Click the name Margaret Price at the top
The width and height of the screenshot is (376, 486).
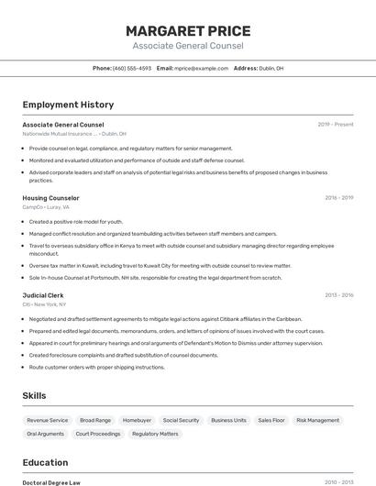pos(187,31)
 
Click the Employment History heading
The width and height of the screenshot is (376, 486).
pos(68,105)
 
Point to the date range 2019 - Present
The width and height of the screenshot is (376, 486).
pos(335,125)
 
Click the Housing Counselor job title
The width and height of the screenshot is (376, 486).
pos(50,198)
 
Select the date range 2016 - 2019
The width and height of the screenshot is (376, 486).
pos(338,198)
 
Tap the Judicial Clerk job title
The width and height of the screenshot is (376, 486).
pos(43,295)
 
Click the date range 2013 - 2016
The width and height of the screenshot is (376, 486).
pos(338,295)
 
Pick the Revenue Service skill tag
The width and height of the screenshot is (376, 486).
pos(48,420)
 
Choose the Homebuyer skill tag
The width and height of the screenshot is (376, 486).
pos(137,420)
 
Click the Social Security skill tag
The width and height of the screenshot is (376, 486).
pos(181,420)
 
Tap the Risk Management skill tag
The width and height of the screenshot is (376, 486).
pos(317,420)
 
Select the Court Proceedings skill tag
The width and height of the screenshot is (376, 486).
pos(98,434)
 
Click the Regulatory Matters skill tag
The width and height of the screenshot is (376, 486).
pos(156,434)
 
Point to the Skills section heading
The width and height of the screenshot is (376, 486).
pos(35,395)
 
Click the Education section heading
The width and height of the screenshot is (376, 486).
pos(45,462)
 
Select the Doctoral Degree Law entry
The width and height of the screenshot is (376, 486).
pos(51,482)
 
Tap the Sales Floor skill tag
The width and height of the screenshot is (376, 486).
pos(271,420)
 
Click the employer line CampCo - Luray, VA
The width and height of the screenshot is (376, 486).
pos(46,207)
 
